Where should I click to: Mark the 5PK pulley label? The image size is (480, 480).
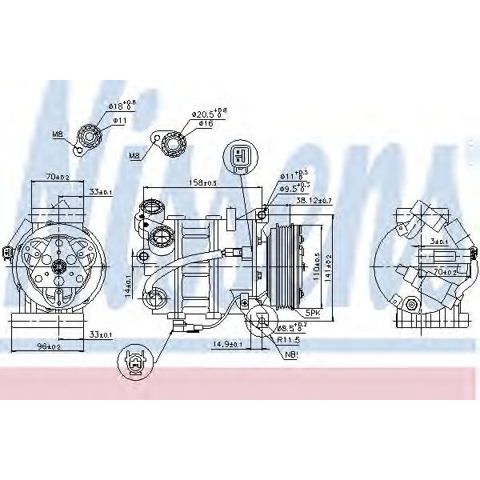311,314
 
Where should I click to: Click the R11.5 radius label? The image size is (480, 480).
288,339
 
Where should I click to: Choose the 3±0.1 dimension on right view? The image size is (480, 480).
438,241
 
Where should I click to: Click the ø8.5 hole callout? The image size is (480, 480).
290,326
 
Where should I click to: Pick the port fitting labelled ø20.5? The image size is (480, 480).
173,144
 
